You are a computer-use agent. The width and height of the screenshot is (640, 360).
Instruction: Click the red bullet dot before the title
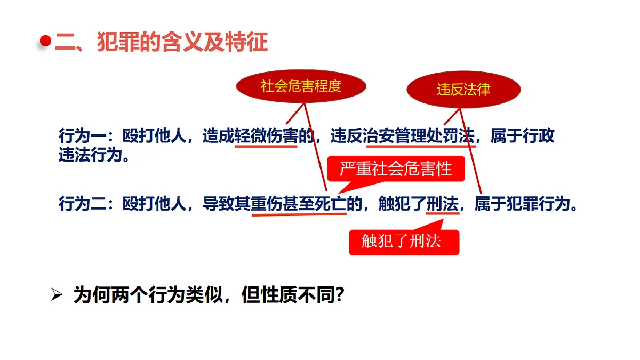click(45, 41)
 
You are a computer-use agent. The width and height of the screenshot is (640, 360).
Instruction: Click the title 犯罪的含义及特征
click(182, 42)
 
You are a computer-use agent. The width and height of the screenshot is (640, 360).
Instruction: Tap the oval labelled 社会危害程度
click(301, 86)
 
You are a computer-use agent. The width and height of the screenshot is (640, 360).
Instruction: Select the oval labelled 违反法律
click(463, 90)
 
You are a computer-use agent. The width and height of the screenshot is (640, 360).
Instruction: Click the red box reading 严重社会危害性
click(396, 169)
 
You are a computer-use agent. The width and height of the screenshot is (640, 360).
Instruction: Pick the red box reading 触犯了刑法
click(404, 242)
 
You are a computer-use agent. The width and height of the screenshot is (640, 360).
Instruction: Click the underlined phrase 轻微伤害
click(266, 135)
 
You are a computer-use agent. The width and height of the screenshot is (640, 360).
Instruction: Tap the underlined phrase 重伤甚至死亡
click(299, 204)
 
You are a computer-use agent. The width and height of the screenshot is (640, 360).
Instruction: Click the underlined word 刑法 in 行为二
click(442, 204)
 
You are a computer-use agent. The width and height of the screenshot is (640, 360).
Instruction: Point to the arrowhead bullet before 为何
click(57, 294)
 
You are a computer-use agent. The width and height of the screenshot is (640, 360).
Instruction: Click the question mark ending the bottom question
click(339, 295)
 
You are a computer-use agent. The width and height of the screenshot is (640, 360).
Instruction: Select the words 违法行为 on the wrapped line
click(90, 155)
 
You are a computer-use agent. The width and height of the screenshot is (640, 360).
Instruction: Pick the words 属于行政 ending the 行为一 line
click(522, 135)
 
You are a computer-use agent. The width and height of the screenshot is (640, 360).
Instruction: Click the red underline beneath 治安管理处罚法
click(421, 147)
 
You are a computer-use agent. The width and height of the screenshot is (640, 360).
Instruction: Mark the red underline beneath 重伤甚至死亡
click(299, 214)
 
